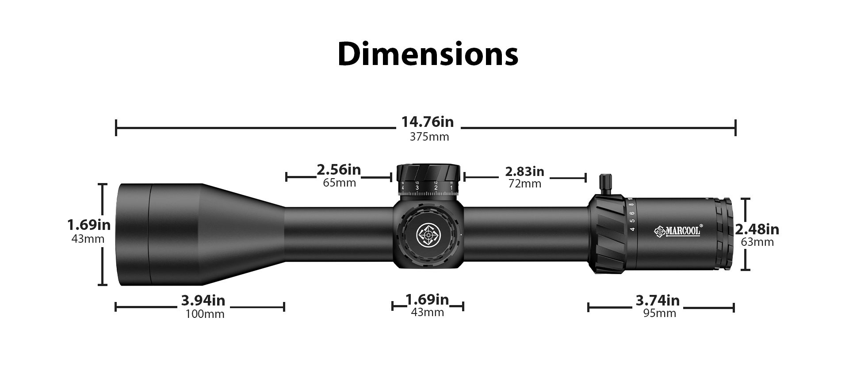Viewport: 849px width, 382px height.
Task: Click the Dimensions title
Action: [x=428, y=54]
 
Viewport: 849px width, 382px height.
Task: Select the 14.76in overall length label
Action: [x=428, y=122]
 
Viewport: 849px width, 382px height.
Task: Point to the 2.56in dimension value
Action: [x=339, y=169]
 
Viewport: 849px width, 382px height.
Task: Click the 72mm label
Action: [x=525, y=183]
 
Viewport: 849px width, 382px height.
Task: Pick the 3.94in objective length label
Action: [x=203, y=301]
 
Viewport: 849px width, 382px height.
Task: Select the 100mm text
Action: [x=205, y=314]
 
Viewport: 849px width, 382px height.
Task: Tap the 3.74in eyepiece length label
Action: [x=658, y=301]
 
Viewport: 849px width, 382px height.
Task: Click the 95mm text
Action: [x=660, y=313]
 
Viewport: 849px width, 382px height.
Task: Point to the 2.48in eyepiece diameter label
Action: [x=757, y=229]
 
